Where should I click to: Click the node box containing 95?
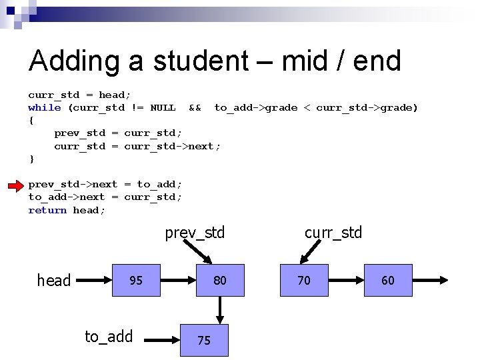(136, 281)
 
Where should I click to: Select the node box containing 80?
(220, 281)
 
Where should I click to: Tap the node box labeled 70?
(304, 281)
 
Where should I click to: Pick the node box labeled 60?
(388, 281)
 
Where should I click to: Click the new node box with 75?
(204, 340)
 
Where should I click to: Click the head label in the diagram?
(54, 281)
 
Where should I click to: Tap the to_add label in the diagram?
(109, 337)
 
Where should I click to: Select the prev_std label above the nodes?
(195, 233)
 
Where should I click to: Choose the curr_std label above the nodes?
(333, 233)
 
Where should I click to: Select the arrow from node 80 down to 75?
(220, 310)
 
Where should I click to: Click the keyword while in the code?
(45, 108)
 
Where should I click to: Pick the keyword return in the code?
(47, 211)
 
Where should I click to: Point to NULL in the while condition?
(163, 108)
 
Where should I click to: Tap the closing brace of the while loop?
(31, 159)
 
